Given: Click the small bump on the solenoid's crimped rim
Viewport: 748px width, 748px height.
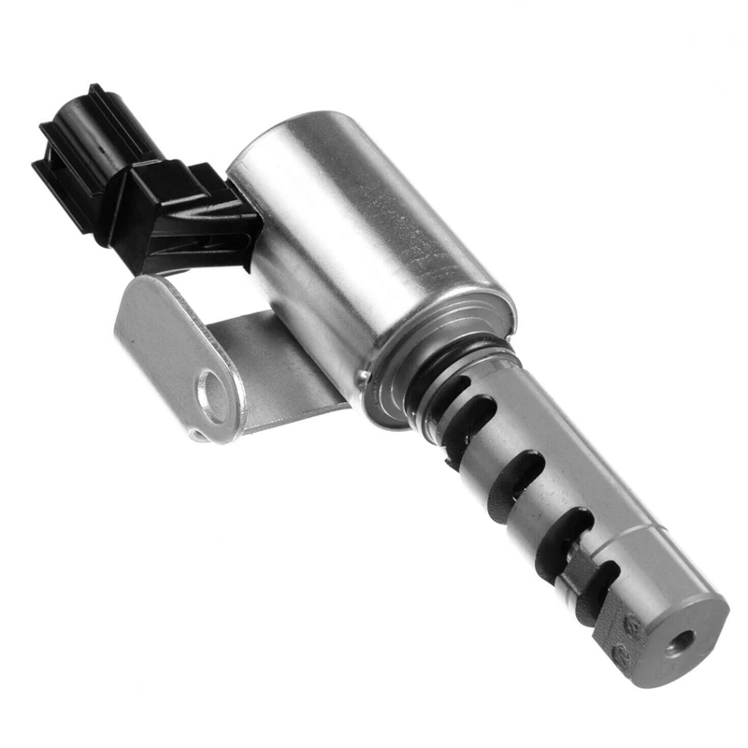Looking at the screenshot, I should pos(363,376).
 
